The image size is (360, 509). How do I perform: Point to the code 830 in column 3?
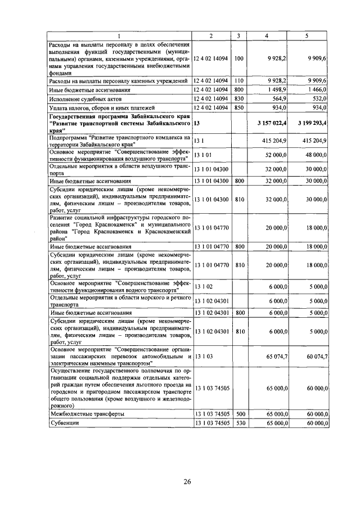[238, 99]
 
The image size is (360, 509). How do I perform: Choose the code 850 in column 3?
[238, 108]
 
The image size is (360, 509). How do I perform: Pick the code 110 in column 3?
[238, 81]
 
